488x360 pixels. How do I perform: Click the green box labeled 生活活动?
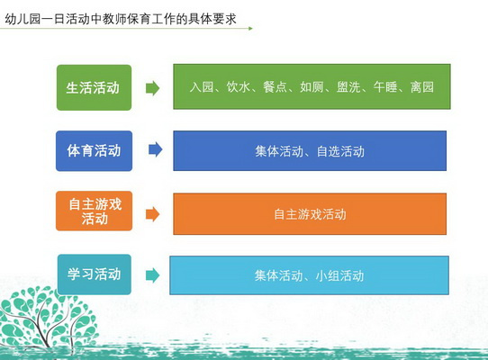tap(94, 87)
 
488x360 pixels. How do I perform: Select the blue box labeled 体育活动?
tap(94, 151)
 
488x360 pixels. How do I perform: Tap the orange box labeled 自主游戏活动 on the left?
tap(94, 211)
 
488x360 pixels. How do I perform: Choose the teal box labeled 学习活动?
tap(95, 274)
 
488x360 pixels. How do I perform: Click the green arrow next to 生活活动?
tap(152, 88)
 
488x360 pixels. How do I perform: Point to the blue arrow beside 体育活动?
tap(155, 149)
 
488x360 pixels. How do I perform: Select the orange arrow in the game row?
tap(152, 214)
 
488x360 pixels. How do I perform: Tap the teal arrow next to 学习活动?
tap(152, 275)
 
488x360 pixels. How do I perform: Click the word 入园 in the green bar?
tap(202, 87)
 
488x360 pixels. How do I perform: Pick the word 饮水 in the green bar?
tap(238, 87)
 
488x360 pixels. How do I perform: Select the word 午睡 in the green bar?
tap(385, 87)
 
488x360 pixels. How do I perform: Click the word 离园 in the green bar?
tap(422, 87)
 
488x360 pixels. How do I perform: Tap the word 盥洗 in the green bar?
tap(348, 87)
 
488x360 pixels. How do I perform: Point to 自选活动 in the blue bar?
tap(340, 151)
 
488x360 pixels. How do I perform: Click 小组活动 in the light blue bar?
tap(339, 275)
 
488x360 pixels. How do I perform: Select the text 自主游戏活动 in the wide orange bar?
tap(310, 214)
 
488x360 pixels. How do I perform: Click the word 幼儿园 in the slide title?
tap(23, 19)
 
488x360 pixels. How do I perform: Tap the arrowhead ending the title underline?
tap(251, 28)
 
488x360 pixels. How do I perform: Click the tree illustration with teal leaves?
tap(47, 318)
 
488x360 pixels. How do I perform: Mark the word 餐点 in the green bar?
tap(275, 87)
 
